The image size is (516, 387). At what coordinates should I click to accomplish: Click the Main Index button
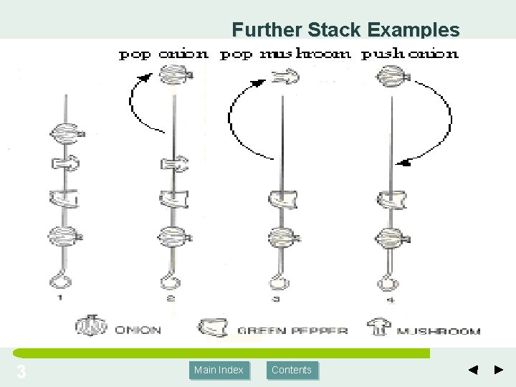tap(219, 370)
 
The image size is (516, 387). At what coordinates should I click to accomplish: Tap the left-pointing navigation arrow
tap(473, 370)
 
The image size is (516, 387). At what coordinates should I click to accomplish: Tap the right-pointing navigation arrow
tap(500, 370)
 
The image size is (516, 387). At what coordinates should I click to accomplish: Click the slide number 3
tap(21, 372)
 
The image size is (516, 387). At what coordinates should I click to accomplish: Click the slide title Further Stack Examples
tap(345, 29)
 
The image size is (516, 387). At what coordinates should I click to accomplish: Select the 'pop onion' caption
tap(163, 54)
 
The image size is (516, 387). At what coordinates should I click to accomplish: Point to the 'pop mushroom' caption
tap(285, 54)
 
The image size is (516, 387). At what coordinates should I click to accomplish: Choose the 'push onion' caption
tap(410, 54)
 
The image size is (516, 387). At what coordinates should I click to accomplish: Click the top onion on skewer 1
tap(67, 132)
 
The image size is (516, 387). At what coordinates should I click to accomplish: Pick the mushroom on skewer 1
tap(66, 164)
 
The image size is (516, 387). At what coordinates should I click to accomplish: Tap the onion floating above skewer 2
tap(173, 73)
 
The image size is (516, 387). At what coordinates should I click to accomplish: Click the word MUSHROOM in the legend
tap(439, 331)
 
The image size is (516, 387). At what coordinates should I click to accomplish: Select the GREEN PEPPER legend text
tap(292, 331)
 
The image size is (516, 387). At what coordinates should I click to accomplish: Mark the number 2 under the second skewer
tap(171, 300)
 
